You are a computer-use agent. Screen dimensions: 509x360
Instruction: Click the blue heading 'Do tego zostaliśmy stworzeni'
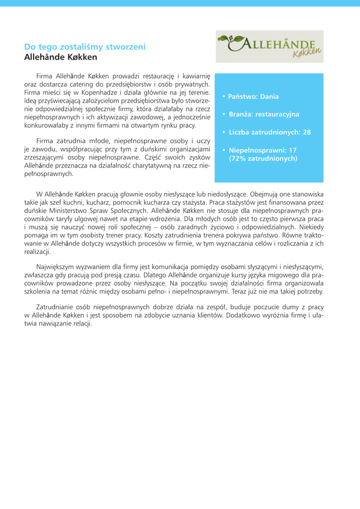pos(85,47)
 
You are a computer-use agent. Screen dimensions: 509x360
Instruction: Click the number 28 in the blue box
pos(306,132)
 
